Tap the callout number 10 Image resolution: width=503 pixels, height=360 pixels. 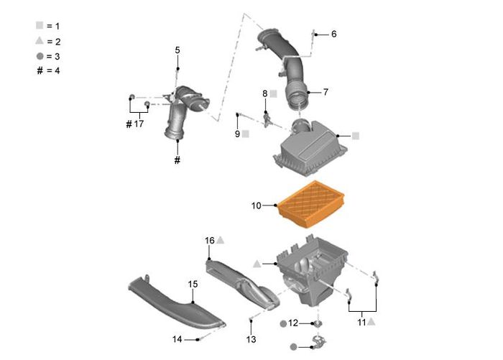click(x=257, y=206)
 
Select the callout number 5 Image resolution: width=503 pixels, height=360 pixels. click(x=177, y=50)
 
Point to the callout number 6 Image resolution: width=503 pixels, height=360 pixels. click(x=333, y=34)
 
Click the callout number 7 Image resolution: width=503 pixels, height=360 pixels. click(x=325, y=92)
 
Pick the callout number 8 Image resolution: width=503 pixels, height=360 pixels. click(x=264, y=93)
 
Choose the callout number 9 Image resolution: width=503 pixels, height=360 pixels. click(x=237, y=134)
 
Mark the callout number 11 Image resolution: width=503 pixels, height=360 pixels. click(x=361, y=323)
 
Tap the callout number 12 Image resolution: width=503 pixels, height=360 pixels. click(x=292, y=323)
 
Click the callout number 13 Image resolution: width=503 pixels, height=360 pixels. click(x=251, y=339)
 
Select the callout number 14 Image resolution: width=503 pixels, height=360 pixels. click(x=177, y=339)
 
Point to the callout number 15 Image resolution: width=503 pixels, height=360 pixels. click(x=193, y=285)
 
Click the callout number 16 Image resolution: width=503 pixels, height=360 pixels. click(x=210, y=240)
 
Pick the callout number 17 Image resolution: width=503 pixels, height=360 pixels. click(x=139, y=124)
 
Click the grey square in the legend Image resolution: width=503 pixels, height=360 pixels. click(x=40, y=25)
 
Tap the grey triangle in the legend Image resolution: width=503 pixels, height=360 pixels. click(x=40, y=40)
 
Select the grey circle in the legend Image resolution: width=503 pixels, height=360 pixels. click(x=40, y=55)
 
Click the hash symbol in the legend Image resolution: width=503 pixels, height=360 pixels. click(x=40, y=70)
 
